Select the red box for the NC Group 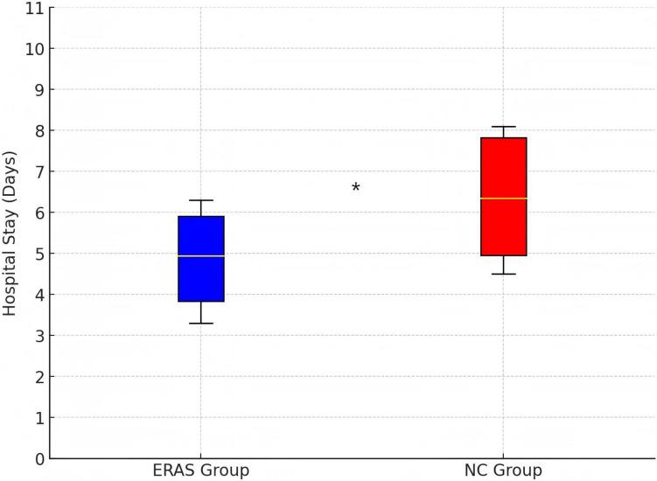click(x=503, y=197)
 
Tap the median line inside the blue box click(x=201, y=256)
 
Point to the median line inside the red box click(x=503, y=199)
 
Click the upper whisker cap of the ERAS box click(x=201, y=200)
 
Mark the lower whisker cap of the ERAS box click(x=201, y=324)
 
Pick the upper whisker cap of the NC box click(x=503, y=127)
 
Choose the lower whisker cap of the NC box click(x=503, y=274)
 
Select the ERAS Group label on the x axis click(x=201, y=471)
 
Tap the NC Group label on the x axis click(x=503, y=471)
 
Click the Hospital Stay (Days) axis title click(x=10, y=233)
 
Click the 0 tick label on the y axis click(x=38, y=458)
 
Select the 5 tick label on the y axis click(x=38, y=254)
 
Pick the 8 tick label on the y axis click(x=38, y=130)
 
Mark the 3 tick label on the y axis click(x=38, y=336)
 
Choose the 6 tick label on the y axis click(x=38, y=213)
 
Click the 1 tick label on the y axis click(x=38, y=418)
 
